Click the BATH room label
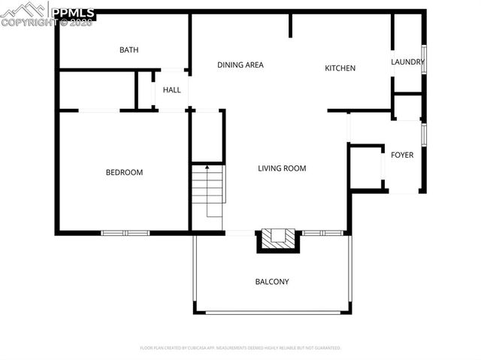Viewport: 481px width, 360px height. (129, 50)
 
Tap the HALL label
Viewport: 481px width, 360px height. (171, 90)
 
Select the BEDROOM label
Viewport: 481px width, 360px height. (124, 173)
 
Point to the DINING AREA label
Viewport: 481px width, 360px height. (240, 65)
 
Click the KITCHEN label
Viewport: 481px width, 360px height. (340, 68)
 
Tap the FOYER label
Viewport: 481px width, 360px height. (402, 155)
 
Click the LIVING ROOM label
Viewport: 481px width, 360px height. (282, 168)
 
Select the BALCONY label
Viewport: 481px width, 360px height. (272, 282)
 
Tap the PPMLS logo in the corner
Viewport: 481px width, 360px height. (48, 14)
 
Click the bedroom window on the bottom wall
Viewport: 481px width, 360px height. (126, 232)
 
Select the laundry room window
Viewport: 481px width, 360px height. (425, 60)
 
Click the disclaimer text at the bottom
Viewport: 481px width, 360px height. (240, 348)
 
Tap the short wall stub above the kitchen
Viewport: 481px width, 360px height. (290, 25)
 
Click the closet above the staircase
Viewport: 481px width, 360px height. (206, 137)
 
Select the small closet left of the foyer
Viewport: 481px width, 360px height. (365, 168)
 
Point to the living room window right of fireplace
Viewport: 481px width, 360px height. (323, 233)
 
